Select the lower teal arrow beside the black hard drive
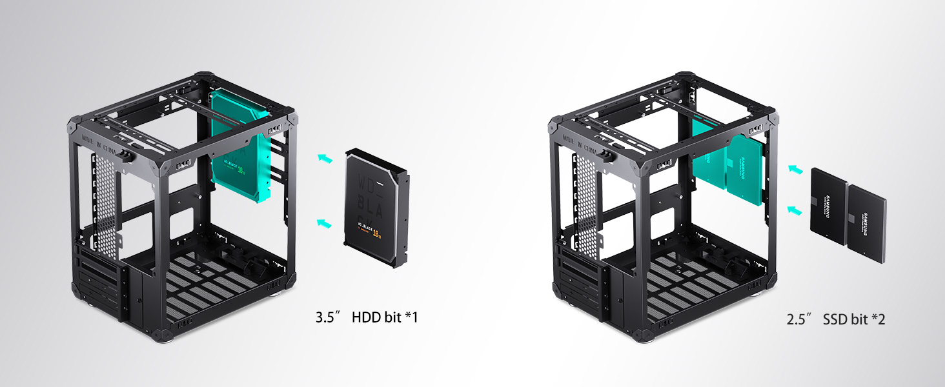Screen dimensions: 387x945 (324, 223)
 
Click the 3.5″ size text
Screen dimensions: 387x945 (327, 317)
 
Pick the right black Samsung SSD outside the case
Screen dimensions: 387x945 (864, 223)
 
